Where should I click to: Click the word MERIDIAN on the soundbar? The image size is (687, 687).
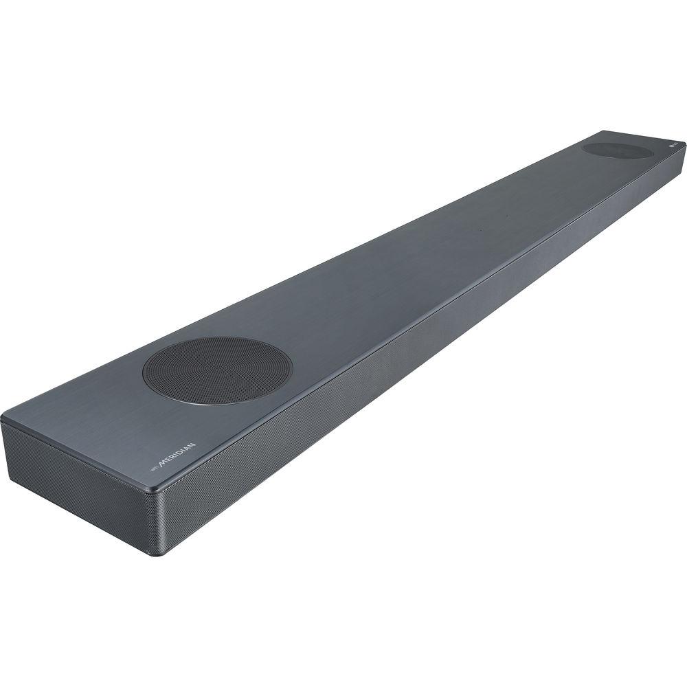click(178, 455)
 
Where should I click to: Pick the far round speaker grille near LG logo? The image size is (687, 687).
click(616, 150)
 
